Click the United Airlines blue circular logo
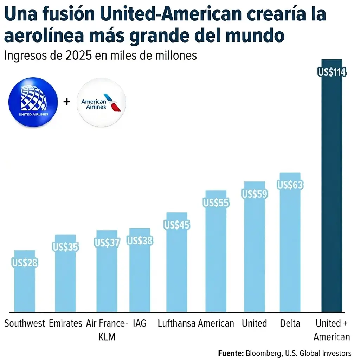tap(33, 102)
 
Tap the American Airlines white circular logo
tap(101, 102)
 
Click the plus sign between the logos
tap(66, 102)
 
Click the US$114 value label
tap(332, 73)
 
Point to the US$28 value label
tap(25, 263)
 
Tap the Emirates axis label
tap(65, 323)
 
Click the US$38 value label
tap(140, 241)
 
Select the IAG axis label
tap(140, 323)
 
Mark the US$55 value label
tap(216, 203)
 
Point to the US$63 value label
tap(290, 185)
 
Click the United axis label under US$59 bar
tap(254, 323)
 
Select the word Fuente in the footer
tap(231, 353)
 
